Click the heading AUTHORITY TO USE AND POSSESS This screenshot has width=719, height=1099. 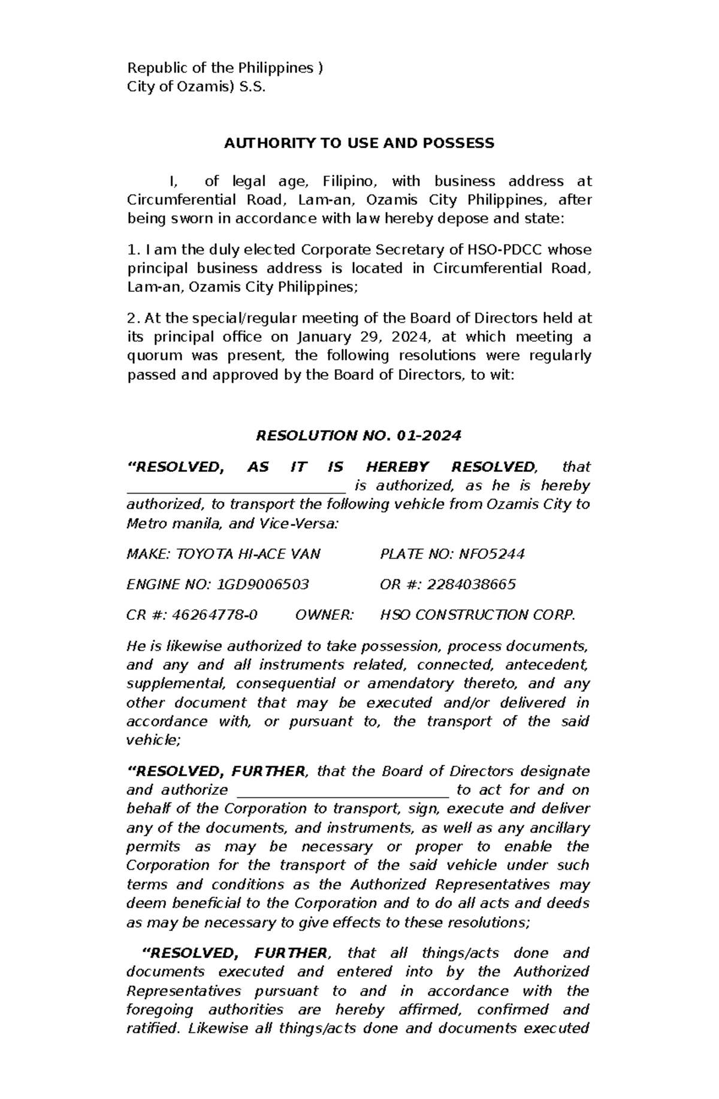pyautogui.click(x=359, y=143)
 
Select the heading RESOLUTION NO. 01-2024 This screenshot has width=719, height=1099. pyautogui.click(x=358, y=435)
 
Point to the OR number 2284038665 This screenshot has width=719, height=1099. pyautogui.click(x=471, y=585)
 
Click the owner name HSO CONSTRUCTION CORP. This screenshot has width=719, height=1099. pyautogui.click(x=478, y=615)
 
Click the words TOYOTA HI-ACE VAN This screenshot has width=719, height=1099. pyautogui.click(x=247, y=554)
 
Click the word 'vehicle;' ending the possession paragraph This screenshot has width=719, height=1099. pyautogui.click(x=153, y=740)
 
